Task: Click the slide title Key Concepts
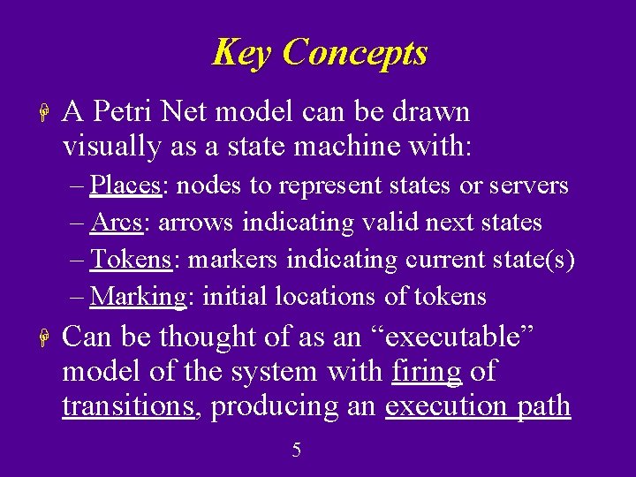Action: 319,53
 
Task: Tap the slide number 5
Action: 297,450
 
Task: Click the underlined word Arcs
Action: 117,223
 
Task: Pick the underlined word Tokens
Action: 131,260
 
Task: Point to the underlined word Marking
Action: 138,297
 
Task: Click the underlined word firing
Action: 427,372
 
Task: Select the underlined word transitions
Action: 127,406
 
